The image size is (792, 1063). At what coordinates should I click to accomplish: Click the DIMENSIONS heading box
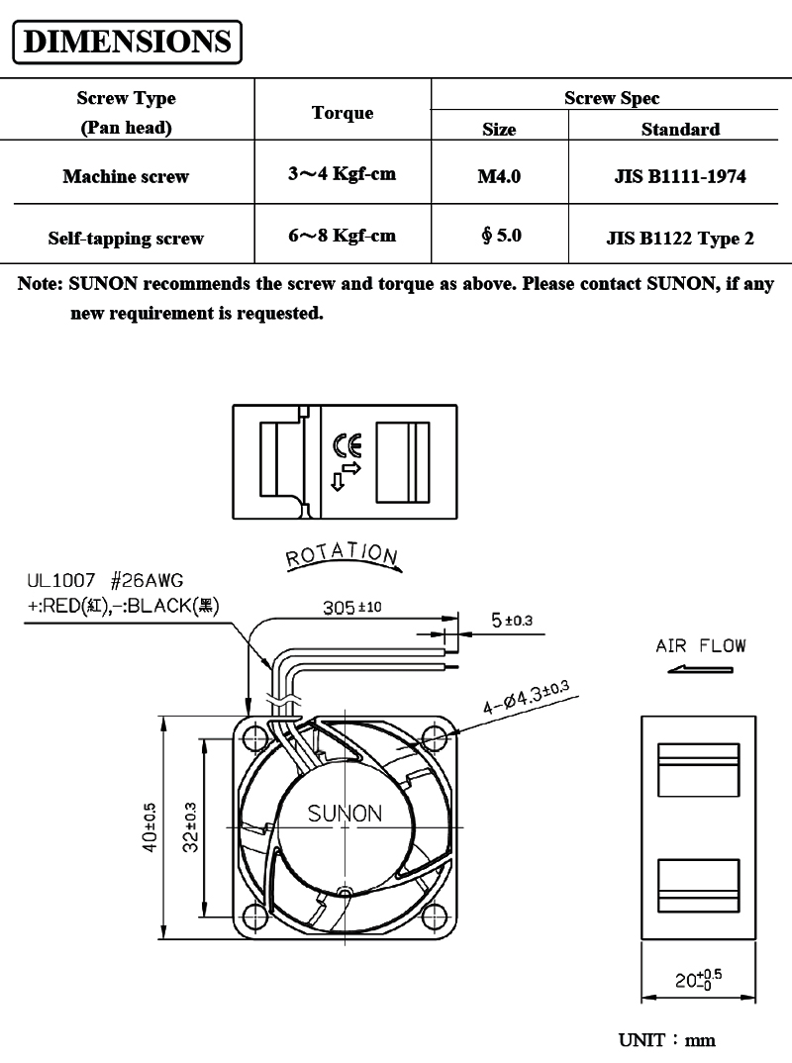pos(127,42)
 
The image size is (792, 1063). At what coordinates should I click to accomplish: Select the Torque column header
pos(343,113)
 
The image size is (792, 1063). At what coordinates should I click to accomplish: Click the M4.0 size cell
pos(499,177)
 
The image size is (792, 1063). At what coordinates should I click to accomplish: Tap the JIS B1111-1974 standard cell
pos(680,177)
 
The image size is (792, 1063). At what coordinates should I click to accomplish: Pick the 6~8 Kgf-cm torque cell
pos(342,236)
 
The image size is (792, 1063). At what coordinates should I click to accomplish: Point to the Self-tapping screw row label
pos(126,238)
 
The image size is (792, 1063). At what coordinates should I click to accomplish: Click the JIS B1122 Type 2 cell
pos(680,238)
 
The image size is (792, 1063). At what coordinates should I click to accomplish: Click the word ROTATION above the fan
pos(343,556)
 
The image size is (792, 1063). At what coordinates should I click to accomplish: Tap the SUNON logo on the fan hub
pos(344,814)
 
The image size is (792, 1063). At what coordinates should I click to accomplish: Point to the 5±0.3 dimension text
pos(512,620)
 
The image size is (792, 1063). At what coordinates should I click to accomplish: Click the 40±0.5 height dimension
pos(150,827)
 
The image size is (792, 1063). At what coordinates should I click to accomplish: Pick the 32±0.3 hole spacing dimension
pos(192,827)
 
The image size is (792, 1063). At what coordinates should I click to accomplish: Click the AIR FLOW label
pos(701,646)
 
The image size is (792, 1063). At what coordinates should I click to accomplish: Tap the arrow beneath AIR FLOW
pos(700,670)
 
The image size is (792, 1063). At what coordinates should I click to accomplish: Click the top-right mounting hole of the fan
pos(434,737)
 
